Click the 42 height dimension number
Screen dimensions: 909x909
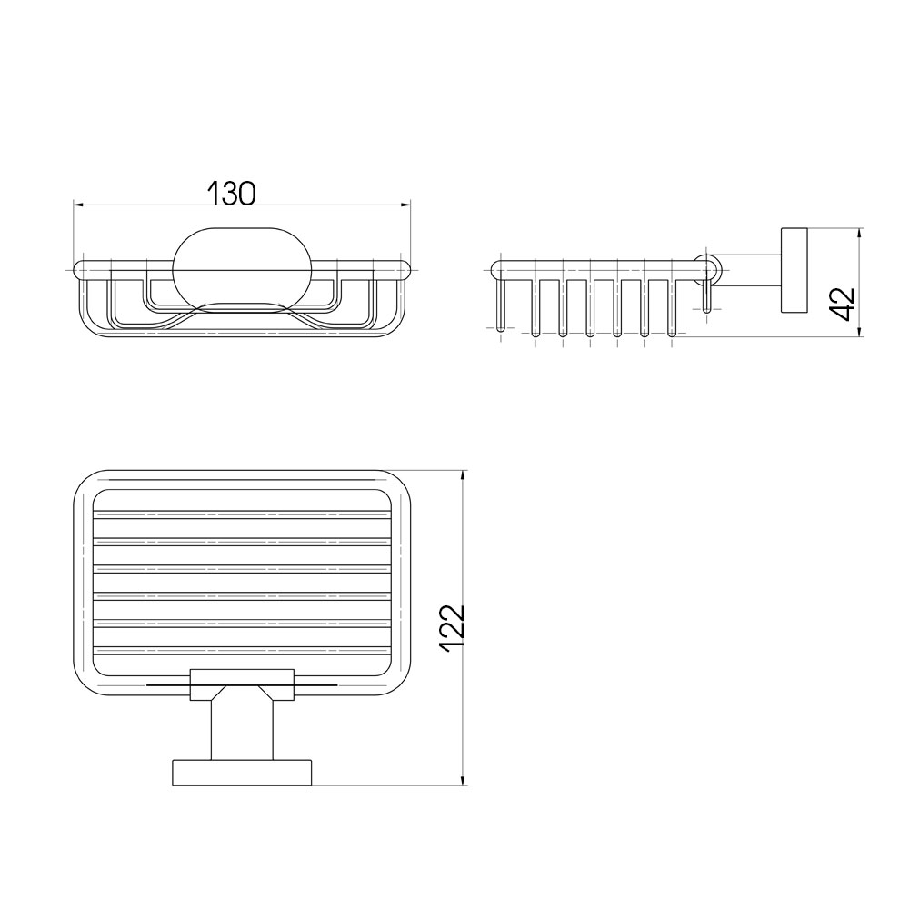(843, 303)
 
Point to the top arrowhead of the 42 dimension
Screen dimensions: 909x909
(861, 233)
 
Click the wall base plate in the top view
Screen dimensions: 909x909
(242, 773)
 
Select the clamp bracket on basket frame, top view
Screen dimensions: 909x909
(242, 684)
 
